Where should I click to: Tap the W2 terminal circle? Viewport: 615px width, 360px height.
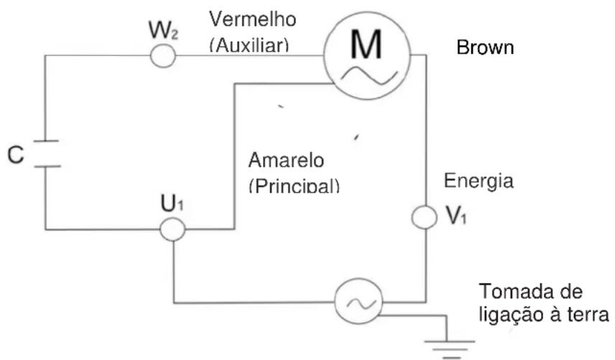(164, 56)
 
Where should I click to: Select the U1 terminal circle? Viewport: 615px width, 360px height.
(172, 229)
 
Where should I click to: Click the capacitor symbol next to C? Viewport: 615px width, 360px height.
(46, 154)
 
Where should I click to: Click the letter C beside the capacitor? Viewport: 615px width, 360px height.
(15, 154)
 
